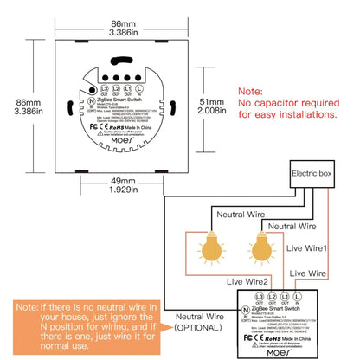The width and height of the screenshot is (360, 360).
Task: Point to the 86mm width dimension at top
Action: point(132,15)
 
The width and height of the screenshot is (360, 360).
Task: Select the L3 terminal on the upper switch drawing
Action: point(103,90)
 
